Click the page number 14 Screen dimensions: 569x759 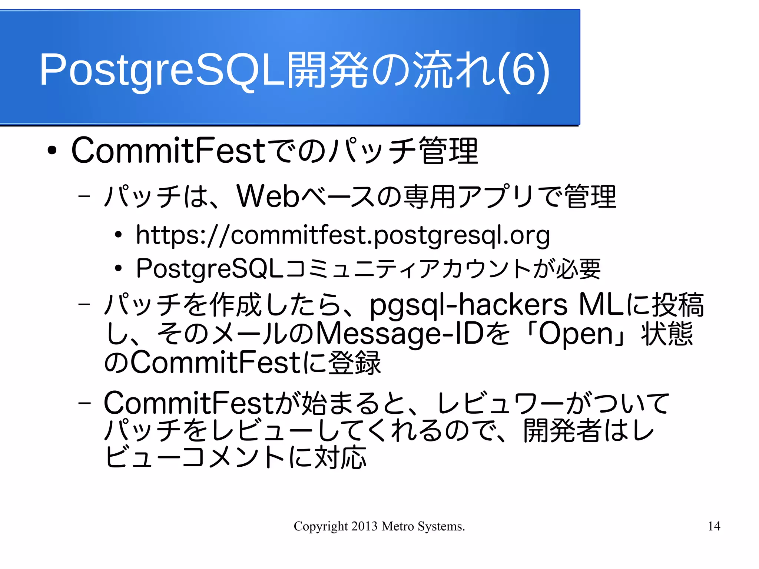714,526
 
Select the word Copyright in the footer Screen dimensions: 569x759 321,526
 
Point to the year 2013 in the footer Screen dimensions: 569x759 364,526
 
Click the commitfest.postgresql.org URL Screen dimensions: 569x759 343,235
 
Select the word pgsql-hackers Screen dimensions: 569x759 468,305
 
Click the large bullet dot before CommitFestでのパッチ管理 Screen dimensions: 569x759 52,151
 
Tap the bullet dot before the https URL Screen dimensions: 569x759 118,235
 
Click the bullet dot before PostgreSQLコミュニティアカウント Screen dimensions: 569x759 118,268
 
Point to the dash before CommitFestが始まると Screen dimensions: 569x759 84,403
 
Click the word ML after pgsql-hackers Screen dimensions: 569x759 601,305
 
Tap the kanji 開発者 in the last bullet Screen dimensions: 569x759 562,431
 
